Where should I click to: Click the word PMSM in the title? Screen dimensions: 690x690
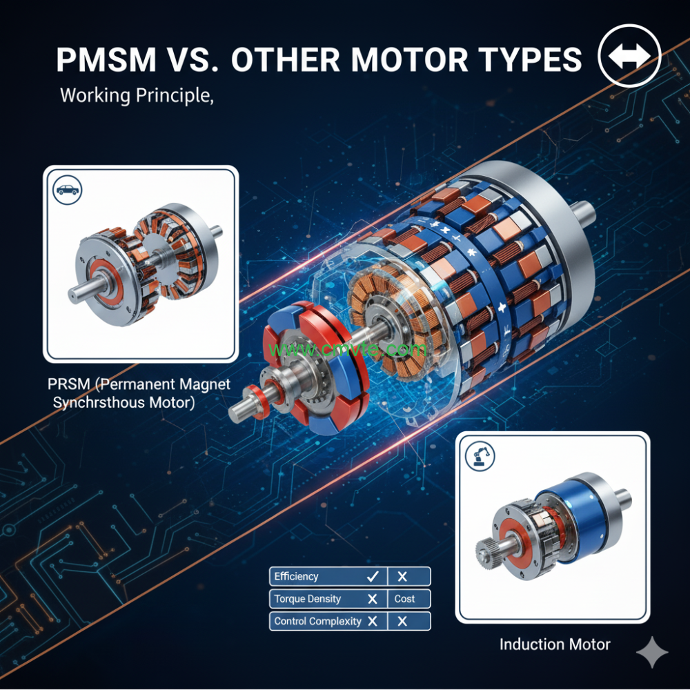[x=106, y=60]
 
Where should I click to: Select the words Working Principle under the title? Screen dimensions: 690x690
[x=135, y=95]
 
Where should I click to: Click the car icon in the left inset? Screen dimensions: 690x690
[x=68, y=188]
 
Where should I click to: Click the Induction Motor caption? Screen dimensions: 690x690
[x=555, y=644]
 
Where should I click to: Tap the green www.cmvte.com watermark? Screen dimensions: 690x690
[x=348, y=349]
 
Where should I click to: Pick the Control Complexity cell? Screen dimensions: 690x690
[x=317, y=621]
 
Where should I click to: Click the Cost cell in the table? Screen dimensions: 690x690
[x=405, y=598]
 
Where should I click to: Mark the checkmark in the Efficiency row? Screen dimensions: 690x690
[x=373, y=576]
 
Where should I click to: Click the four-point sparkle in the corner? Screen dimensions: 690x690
[x=651, y=653]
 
